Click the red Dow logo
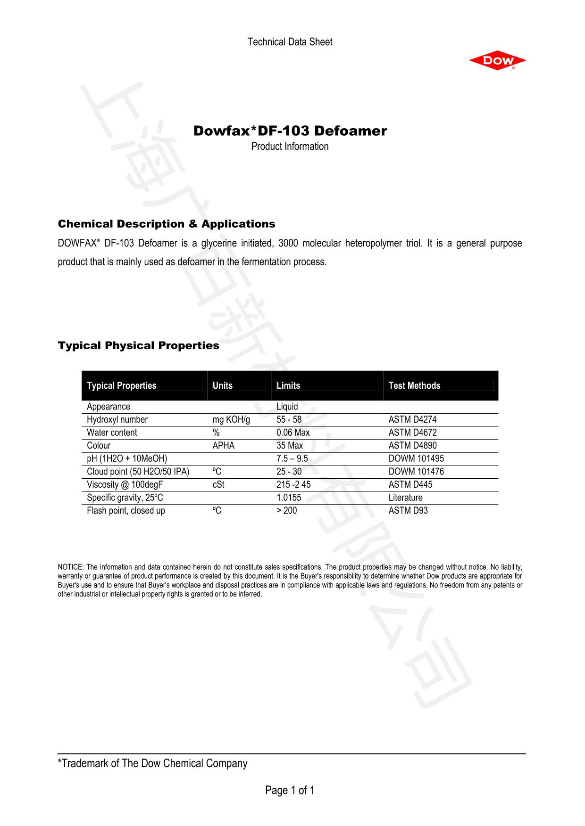point(497,61)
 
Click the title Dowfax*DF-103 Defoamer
point(290,131)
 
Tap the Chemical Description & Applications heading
point(166,224)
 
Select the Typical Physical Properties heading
point(138,345)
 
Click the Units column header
point(222,385)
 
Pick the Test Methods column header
point(414,385)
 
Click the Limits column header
point(288,385)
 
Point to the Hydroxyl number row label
point(117,419)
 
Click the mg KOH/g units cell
point(231,419)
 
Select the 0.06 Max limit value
point(293,433)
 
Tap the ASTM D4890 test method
point(412,445)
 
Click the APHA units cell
point(223,445)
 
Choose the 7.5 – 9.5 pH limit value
point(292,458)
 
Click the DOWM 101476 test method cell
point(416,471)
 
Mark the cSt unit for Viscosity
point(218,484)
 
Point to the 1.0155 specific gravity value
point(288,498)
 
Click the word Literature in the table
point(405,498)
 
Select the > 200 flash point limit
point(286,510)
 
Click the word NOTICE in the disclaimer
point(70,567)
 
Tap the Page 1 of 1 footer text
point(290,790)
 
